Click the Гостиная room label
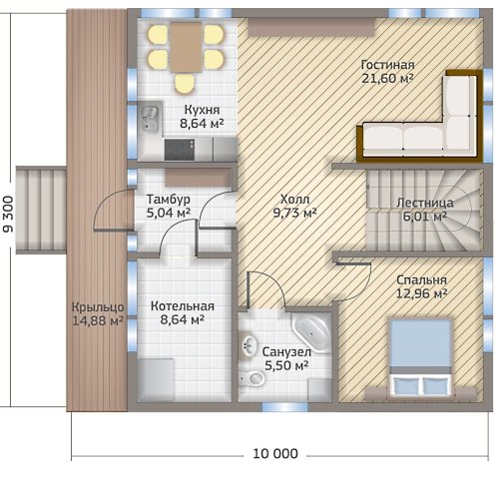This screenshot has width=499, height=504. (387, 65)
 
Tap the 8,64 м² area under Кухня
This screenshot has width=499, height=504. (202, 124)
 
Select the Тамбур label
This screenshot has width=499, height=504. (169, 199)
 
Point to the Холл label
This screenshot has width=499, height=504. (294, 199)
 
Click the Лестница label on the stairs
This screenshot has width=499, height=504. (425, 203)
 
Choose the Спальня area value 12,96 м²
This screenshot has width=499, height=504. (421, 293)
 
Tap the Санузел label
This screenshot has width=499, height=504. (286, 351)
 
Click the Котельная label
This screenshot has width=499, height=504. (183, 306)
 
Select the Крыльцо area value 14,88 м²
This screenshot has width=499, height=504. (98, 320)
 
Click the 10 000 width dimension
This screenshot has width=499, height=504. (275, 454)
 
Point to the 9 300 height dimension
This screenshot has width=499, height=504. (8, 214)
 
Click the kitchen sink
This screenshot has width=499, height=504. (150, 118)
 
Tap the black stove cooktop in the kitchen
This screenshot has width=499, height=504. (180, 150)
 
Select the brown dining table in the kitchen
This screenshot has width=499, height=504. (187, 47)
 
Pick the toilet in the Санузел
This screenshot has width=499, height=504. (252, 378)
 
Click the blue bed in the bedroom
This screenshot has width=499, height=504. (421, 357)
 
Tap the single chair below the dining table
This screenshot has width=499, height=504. (185, 84)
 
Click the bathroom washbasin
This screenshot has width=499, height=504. (249, 346)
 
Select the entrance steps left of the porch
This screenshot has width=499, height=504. (41, 211)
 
